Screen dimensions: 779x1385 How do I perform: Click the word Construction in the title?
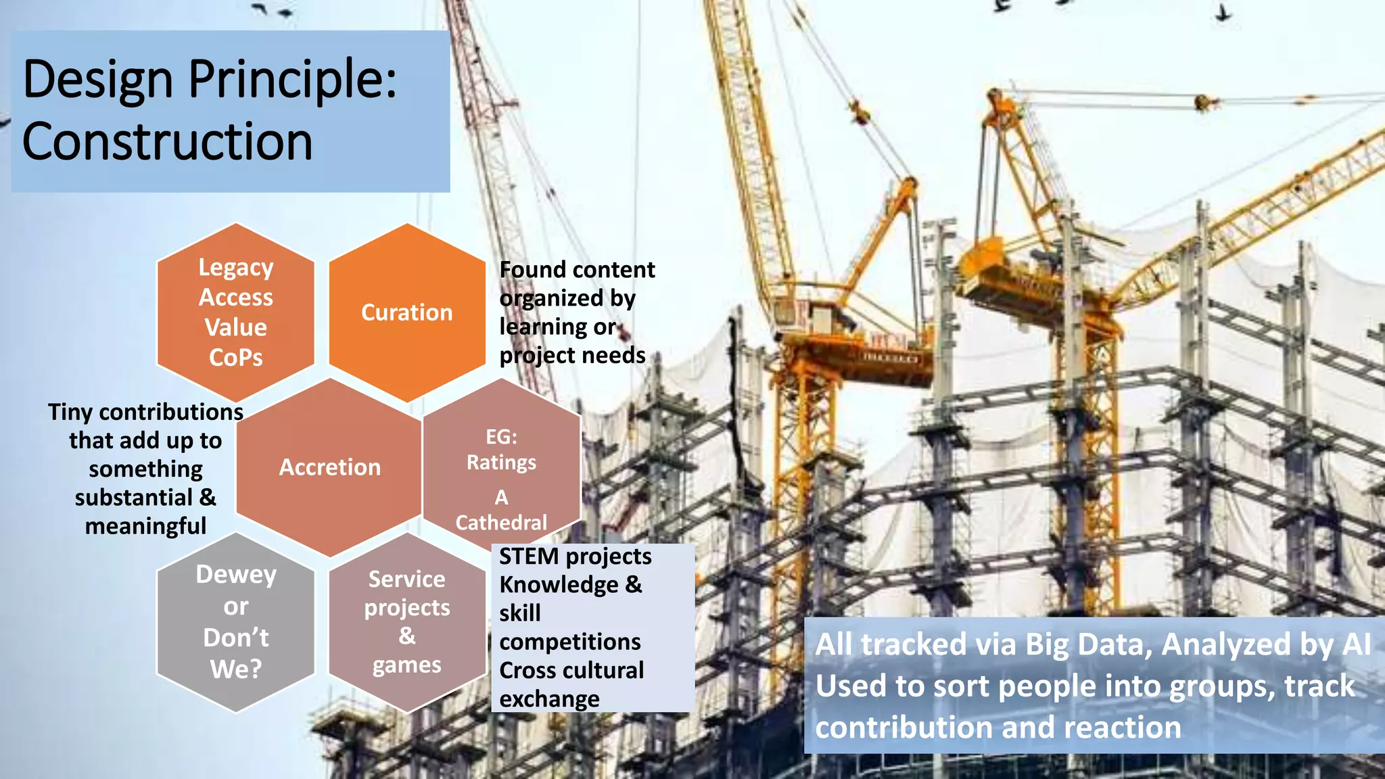pos(167,142)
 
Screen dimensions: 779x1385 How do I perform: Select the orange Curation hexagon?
pos(407,312)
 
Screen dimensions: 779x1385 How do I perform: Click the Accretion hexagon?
pos(330,467)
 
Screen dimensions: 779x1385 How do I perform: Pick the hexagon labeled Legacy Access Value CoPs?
pos(236,312)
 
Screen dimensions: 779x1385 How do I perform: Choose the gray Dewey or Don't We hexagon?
pos(236,621)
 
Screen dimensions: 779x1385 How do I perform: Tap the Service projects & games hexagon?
pos(407,621)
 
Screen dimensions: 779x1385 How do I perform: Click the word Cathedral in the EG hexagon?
pos(501,523)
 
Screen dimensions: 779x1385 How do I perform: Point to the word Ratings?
pos(501,463)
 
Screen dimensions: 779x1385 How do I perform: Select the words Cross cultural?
pos(571,670)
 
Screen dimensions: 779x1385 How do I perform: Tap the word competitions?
pos(570,642)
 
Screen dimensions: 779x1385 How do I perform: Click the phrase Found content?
pos(577,270)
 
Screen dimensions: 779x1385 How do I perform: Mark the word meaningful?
pos(145,526)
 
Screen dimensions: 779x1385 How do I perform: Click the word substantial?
pos(133,498)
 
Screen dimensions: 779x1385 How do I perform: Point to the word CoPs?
pos(236,357)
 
